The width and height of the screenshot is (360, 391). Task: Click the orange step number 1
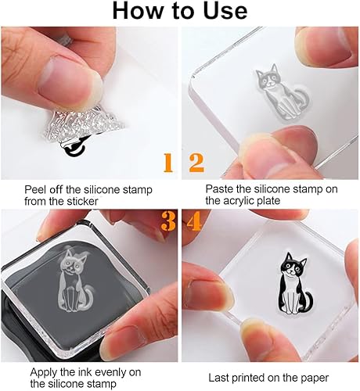coord(168,163)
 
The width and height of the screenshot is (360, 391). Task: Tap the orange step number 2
coord(196,163)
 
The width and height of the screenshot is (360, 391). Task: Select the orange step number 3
coord(168,221)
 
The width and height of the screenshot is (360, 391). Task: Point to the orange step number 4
coord(193,221)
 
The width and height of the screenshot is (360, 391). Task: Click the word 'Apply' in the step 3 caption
coord(44,372)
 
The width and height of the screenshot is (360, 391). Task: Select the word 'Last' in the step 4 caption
coord(218,378)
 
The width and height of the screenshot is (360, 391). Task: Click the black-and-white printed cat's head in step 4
coord(293,265)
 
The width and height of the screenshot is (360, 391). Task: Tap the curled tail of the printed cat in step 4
coord(308,302)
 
